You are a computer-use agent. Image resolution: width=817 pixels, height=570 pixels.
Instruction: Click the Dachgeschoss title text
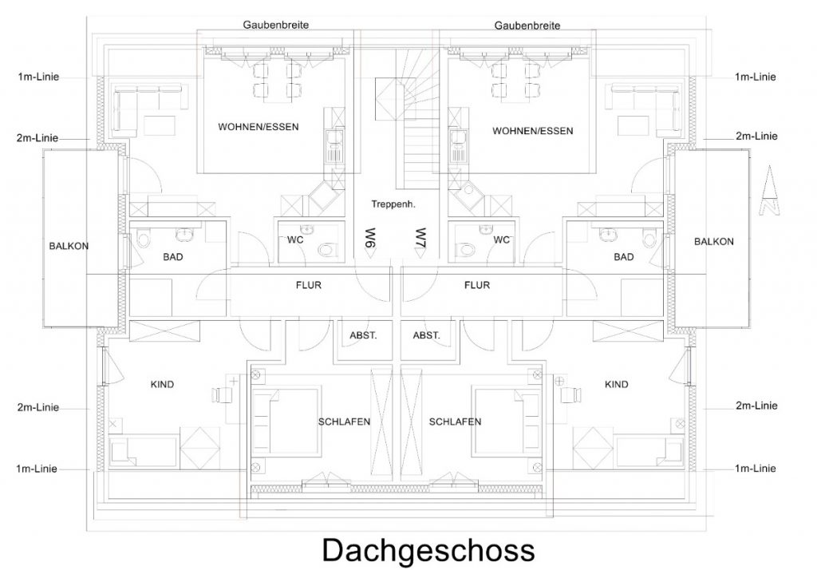coord(428,551)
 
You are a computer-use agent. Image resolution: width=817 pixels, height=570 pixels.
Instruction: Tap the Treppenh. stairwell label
coord(393,204)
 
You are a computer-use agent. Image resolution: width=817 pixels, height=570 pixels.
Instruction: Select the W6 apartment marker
coord(370,242)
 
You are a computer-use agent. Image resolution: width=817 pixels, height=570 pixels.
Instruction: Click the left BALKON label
coord(69,246)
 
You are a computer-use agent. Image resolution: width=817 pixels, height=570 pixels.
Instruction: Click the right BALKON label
coord(714,241)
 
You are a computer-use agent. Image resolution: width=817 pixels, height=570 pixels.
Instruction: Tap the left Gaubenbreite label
coord(275,25)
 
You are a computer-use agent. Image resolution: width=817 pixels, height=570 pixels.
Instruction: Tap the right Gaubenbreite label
coord(527,26)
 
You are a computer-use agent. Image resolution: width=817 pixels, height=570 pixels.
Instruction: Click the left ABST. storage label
coord(363,335)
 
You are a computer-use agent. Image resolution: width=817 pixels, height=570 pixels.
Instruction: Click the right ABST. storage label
coord(426,335)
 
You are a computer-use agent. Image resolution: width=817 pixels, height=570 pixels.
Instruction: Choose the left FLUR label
coord(309,285)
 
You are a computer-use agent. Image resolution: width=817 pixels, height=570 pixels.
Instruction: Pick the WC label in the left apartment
coord(295,239)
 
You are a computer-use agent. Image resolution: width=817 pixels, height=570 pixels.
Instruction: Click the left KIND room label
coord(162,384)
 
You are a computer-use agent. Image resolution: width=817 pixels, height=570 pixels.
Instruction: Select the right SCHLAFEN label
coord(455,422)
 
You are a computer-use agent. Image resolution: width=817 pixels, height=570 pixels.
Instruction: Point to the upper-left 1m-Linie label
coord(38,77)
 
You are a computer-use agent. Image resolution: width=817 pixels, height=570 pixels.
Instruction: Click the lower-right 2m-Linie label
coord(756,406)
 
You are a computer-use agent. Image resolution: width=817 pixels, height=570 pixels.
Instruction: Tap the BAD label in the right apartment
coord(624,256)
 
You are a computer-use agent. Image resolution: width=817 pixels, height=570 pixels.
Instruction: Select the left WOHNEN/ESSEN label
coord(259,127)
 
